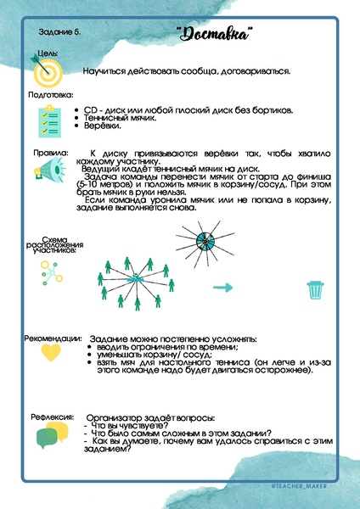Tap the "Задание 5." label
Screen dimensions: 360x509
[60, 33]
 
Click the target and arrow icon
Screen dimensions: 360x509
[47, 69]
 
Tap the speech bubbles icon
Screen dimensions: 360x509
[50, 435]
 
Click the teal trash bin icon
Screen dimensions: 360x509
[315, 288]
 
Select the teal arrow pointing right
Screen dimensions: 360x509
[222, 288]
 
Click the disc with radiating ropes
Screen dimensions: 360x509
[206, 241]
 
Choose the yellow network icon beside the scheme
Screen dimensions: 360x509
[47, 271]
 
